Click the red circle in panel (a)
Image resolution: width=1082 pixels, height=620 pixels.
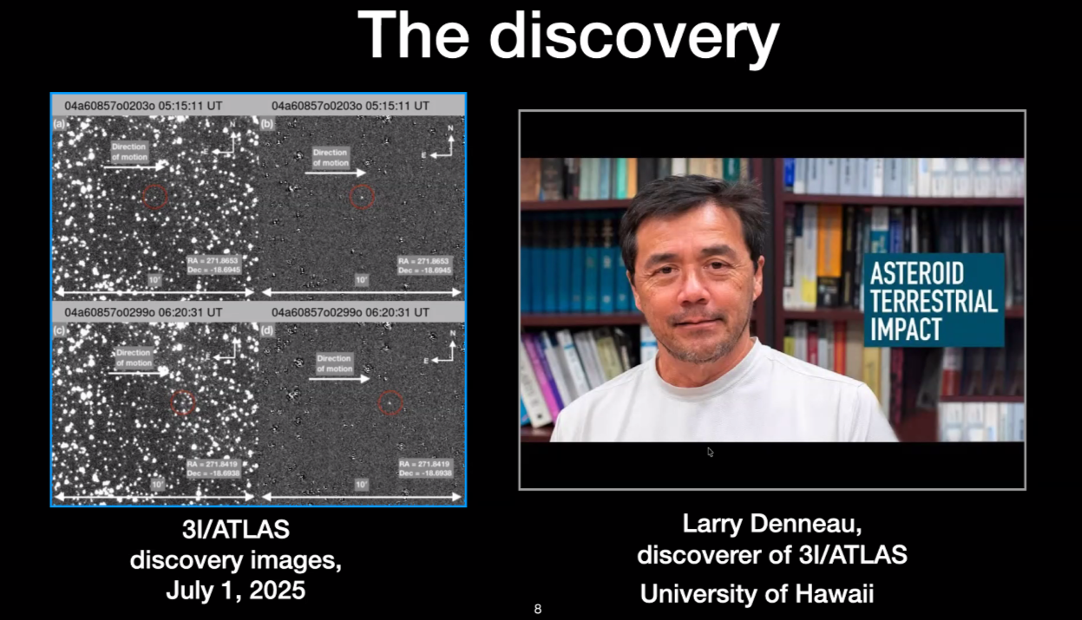click(x=154, y=197)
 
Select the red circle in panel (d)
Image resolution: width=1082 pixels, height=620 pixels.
click(x=390, y=402)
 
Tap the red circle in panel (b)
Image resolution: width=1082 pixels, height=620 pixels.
click(x=362, y=197)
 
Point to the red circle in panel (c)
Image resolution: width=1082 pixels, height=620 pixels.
click(x=182, y=401)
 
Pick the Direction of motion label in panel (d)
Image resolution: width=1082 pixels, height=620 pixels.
click(x=334, y=363)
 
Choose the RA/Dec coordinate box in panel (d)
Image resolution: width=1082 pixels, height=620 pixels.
click(x=425, y=469)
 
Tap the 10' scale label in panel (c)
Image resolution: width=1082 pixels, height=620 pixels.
click(x=157, y=484)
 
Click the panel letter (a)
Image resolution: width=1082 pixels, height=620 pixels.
click(x=59, y=124)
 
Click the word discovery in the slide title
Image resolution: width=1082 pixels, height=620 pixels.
click(x=633, y=36)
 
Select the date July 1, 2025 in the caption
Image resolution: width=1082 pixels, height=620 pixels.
click(x=235, y=591)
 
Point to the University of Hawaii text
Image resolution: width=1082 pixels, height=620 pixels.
click(x=757, y=594)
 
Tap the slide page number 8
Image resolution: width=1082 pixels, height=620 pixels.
click(x=538, y=610)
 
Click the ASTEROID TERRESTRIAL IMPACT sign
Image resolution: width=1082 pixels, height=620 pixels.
click(x=934, y=301)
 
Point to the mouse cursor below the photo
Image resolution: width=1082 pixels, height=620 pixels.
click(x=711, y=452)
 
